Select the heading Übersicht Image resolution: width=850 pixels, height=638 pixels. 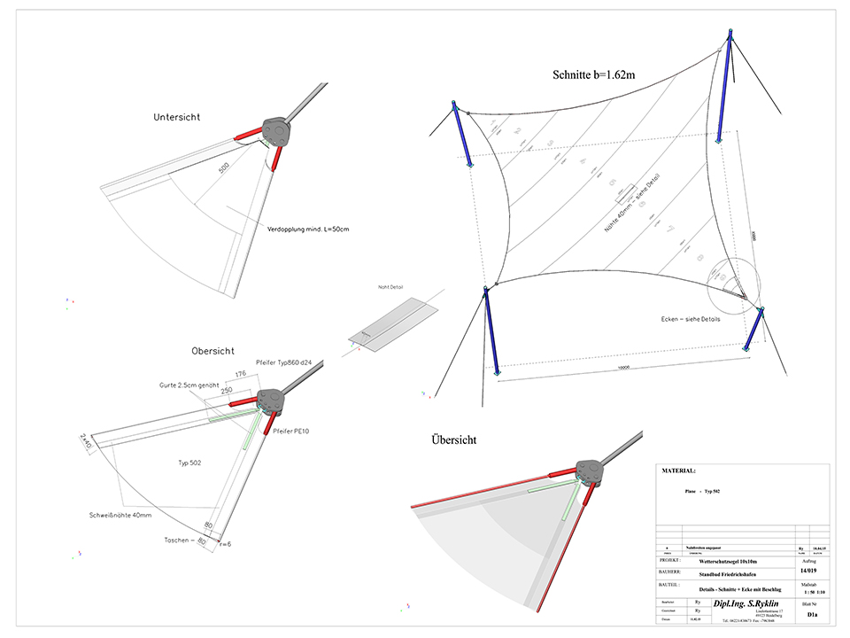coord(455,440)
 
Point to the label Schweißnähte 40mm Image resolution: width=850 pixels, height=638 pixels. coord(121,515)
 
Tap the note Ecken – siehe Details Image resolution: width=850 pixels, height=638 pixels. coord(690,319)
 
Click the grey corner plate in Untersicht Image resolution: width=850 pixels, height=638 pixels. coord(275,132)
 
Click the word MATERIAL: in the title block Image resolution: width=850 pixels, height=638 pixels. coord(679,471)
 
